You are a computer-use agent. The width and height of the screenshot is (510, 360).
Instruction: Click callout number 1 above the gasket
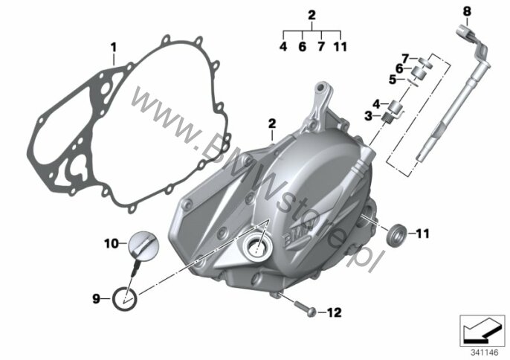pos(114,48)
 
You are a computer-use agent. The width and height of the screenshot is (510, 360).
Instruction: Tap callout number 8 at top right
pos(467,12)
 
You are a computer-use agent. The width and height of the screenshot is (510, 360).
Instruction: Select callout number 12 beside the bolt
pos(334,313)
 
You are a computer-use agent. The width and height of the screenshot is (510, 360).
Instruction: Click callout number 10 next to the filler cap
pos(112,243)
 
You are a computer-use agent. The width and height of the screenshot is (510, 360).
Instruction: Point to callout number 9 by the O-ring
pos(97,298)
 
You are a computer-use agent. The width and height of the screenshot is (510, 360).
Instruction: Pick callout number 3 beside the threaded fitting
pos(368,115)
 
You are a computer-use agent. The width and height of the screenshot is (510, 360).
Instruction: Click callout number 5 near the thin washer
pos(393,80)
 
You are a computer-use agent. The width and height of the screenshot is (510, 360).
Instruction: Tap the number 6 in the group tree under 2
pos(303,47)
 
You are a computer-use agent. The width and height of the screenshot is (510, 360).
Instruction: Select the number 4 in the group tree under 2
pos(283,47)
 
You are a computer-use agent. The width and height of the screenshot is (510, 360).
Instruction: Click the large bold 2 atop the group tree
pos(312,16)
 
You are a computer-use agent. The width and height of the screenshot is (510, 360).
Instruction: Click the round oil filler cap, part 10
pos(143,245)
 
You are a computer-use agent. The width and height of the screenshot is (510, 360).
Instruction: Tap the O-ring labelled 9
pos(125,299)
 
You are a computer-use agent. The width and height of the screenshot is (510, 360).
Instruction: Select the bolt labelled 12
pos(306,308)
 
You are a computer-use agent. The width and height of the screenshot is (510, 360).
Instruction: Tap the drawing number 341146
pos(485,353)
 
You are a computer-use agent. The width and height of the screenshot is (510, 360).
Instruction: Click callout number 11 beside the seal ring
pos(422,234)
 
